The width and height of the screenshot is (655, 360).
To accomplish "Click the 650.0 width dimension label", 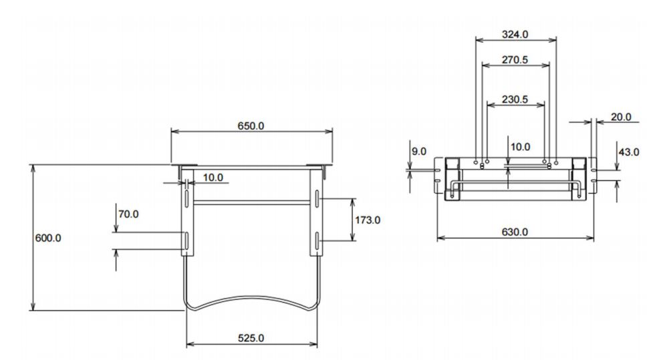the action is click(x=251, y=126).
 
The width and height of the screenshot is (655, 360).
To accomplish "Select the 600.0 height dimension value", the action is click(x=48, y=238).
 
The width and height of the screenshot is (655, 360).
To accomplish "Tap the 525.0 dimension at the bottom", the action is click(x=251, y=338).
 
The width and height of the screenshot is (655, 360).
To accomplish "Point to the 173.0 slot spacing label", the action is click(x=368, y=220).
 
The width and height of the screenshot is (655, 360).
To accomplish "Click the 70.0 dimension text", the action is click(x=128, y=214).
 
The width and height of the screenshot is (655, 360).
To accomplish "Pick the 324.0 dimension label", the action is click(x=515, y=34).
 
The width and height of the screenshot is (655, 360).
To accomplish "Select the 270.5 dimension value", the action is click(x=515, y=59).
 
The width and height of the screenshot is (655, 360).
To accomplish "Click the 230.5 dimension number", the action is click(x=515, y=100).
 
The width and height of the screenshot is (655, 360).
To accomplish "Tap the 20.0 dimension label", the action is click(x=621, y=118).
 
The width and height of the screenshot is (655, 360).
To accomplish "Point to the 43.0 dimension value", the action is click(x=629, y=152).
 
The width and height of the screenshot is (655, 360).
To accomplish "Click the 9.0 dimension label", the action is click(x=419, y=151).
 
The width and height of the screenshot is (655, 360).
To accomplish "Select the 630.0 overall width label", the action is click(x=515, y=232).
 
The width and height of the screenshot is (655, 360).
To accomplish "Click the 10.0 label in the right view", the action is click(x=520, y=147).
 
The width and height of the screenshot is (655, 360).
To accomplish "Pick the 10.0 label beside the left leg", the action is click(x=213, y=178).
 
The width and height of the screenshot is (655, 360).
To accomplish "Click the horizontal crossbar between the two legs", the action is click(x=251, y=203).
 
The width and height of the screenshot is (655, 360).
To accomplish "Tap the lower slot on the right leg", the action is click(x=317, y=241).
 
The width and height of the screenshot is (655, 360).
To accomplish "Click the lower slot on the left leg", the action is click(x=186, y=240).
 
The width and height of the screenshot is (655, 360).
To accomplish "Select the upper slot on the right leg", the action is click(x=317, y=199).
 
